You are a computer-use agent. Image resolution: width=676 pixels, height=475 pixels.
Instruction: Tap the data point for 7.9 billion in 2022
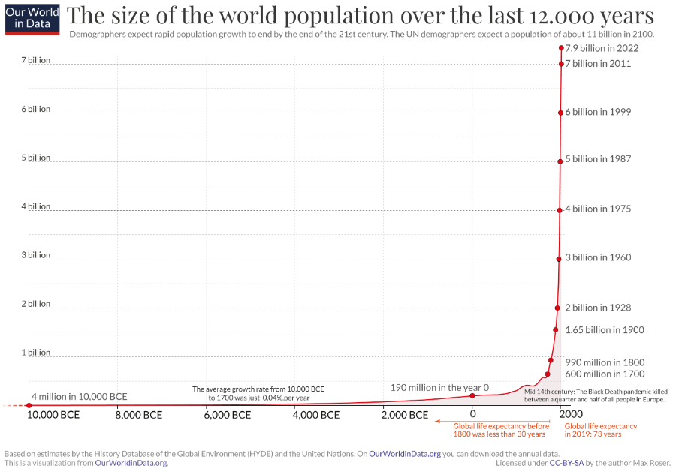coord(561,48)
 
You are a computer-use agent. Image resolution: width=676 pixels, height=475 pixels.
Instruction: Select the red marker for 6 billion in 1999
coord(560,113)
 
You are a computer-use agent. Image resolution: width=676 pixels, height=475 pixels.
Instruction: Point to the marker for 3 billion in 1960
coord(559,259)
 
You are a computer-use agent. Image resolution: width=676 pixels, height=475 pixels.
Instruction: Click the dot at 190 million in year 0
coord(472,395)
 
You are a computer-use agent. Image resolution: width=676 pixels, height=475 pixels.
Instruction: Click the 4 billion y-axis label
coord(35,206)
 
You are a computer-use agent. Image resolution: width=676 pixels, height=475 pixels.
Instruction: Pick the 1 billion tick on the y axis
coord(35,353)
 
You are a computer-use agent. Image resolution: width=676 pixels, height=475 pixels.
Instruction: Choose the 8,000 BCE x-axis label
coord(139,415)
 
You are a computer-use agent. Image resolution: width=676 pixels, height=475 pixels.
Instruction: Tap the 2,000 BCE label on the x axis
coord(406,415)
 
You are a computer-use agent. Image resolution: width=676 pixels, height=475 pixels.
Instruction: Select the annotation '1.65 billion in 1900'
coord(605,330)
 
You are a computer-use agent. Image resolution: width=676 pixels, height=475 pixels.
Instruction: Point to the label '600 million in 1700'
coord(605,374)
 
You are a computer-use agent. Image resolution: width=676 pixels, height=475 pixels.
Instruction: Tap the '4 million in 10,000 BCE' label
coord(79,396)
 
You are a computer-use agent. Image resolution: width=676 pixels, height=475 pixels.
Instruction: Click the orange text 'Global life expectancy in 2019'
coord(600,430)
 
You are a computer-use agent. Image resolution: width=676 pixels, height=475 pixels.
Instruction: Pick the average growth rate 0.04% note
coord(258,393)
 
